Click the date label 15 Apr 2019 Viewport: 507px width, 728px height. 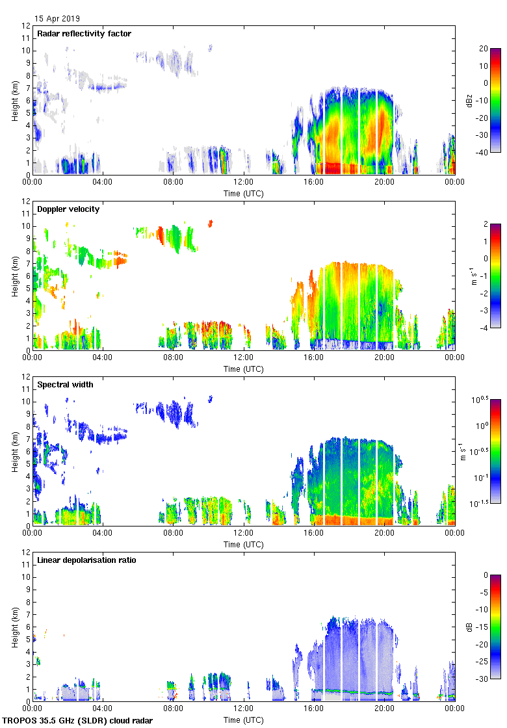(57, 19)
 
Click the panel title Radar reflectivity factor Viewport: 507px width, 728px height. (84, 34)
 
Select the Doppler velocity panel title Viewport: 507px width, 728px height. (66, 209)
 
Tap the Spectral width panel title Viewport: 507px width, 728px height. (64, 385)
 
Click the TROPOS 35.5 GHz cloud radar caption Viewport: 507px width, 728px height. (78, 721)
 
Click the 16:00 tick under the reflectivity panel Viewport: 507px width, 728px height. (314, 183)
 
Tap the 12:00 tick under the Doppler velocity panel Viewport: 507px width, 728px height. (244, 358)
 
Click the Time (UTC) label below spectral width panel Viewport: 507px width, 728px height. (244, 544)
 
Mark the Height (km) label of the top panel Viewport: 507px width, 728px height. (14, 100)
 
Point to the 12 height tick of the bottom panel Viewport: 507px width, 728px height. (27, 552)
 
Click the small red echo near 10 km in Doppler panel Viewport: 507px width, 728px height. (211, 223)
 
